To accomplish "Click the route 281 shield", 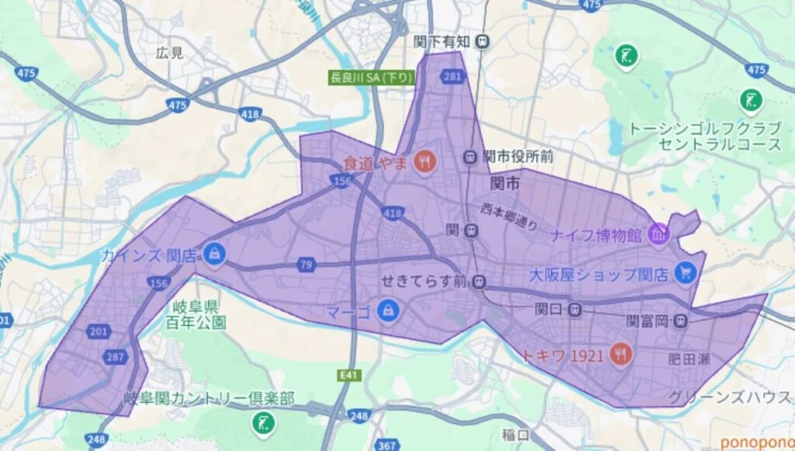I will point(451,76).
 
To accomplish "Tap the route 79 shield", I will point(307,265).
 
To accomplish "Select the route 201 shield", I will point(98,332).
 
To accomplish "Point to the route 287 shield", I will point(116,357).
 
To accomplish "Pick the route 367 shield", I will point(386,445).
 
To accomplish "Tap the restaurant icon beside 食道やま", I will point(425,161).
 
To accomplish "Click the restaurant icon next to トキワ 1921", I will point(621,355).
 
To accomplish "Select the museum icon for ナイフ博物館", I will point(658,234).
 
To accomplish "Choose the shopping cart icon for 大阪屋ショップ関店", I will point(685,272).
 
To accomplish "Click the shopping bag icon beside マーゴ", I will point(385,311).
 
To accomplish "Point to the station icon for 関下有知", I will point(483,40).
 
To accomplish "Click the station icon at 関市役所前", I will point(470,157).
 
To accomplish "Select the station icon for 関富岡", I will point(680,319).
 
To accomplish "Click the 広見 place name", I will point(169,53).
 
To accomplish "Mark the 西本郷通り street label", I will point(509,217).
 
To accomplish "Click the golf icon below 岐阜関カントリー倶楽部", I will point(264,423).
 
